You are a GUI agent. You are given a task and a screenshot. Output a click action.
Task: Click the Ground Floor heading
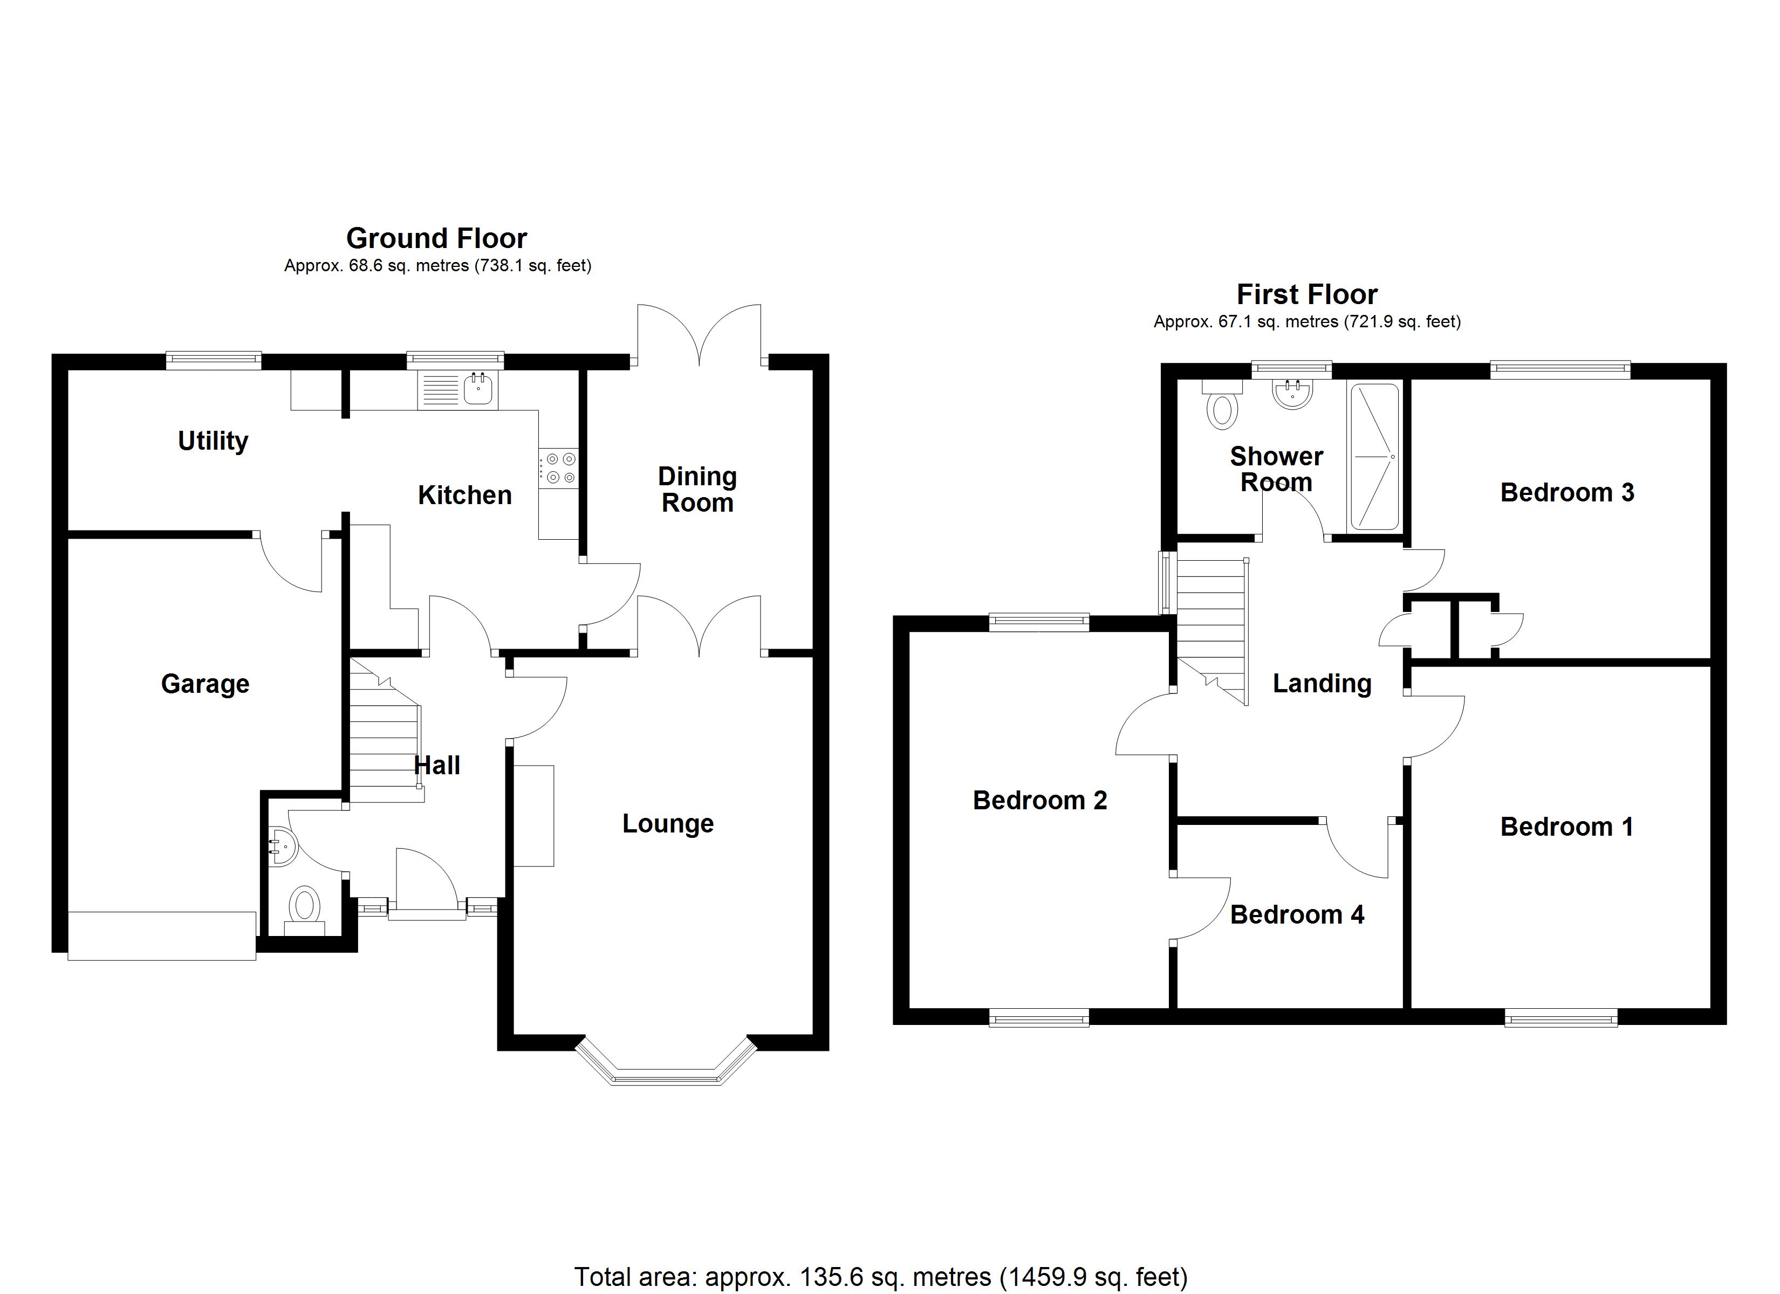coord(436,238)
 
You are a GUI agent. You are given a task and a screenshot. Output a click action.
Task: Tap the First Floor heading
coord(1307,294)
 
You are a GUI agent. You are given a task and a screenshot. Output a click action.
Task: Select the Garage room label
coord(205,684)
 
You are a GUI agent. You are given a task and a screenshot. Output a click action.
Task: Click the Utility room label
coord(213,441)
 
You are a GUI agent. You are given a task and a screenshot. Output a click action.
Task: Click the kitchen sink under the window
coord(479,388)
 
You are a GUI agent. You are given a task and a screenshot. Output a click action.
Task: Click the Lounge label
coord(668,824)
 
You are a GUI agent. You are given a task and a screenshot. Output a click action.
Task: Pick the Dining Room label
coord(697,489)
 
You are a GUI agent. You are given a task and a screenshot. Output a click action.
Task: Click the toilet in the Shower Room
coord(1222,405)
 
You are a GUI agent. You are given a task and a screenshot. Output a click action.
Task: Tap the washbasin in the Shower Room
coord(1292,394)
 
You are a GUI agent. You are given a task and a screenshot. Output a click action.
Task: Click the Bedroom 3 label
coord(1566,493)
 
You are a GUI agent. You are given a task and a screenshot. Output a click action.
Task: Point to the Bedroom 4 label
coord(1297,915)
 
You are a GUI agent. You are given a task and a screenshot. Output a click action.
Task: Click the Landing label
coord(1322,684)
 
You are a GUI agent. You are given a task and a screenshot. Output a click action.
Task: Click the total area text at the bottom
coord(881,1277)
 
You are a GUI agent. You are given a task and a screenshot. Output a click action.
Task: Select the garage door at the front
coord(162,935)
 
